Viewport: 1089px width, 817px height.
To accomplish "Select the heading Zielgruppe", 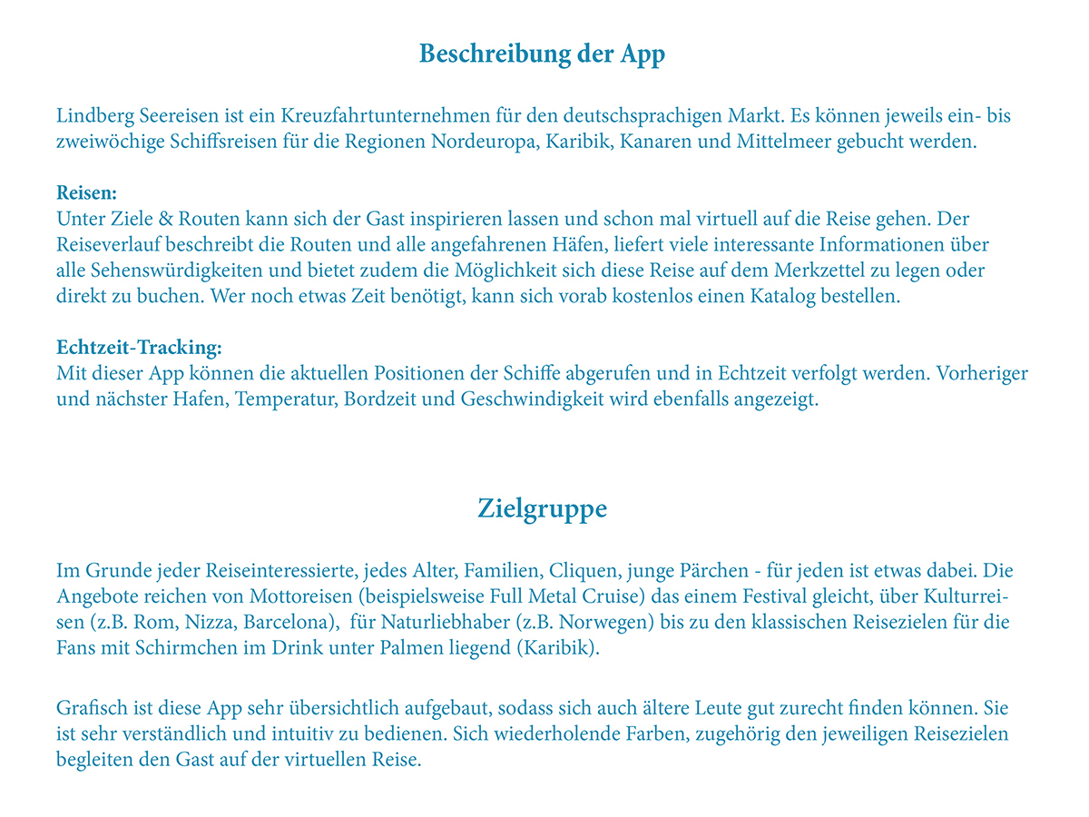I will [x=542, y=509].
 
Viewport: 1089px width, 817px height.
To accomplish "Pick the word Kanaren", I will [x=652, y=143].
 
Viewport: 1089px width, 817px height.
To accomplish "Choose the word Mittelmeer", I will [x=771, y=143].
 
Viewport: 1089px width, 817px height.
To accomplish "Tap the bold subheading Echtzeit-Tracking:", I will [x=139, y=348].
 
